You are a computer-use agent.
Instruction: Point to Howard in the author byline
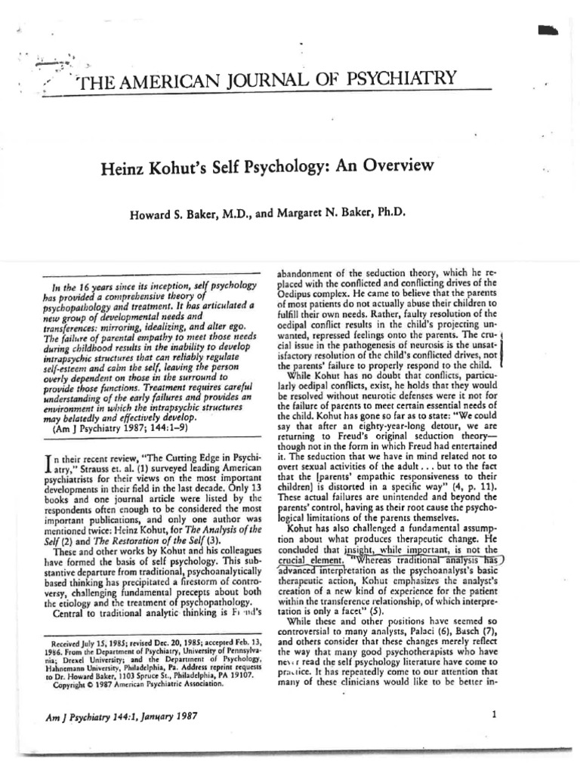pyautogui.click(x=155, y=213)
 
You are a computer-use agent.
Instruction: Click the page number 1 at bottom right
pyautogui.click(x=493, y=716)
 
